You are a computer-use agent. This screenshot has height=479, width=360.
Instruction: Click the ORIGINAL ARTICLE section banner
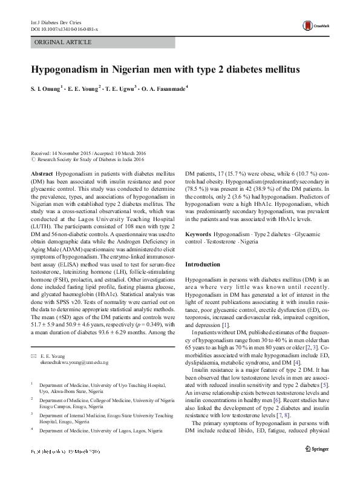tap(63, 42)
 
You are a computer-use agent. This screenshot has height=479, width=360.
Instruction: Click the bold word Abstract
tap(42, 173)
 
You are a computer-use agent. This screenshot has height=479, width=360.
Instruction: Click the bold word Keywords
tap(198, 233)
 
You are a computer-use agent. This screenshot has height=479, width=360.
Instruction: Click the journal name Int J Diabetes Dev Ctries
tap(56, 22)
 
